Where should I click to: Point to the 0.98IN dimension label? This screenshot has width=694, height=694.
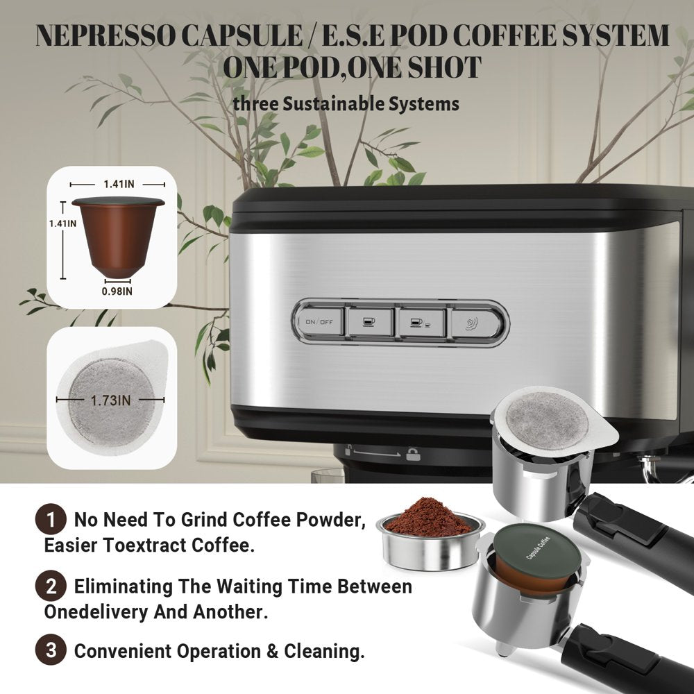pos(117,291)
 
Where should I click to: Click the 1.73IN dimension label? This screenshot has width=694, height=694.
pos(111,400)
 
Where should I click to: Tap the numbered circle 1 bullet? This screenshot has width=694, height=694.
pos(50,519)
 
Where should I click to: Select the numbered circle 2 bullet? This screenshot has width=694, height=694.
pos(50,586)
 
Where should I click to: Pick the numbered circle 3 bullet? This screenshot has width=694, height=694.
pos(50,650)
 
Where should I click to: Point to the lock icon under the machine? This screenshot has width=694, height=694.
pos(413,453)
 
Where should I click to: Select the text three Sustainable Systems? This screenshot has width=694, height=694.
pos(346,104)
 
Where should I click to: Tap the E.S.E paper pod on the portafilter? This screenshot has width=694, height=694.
pos(548,420)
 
